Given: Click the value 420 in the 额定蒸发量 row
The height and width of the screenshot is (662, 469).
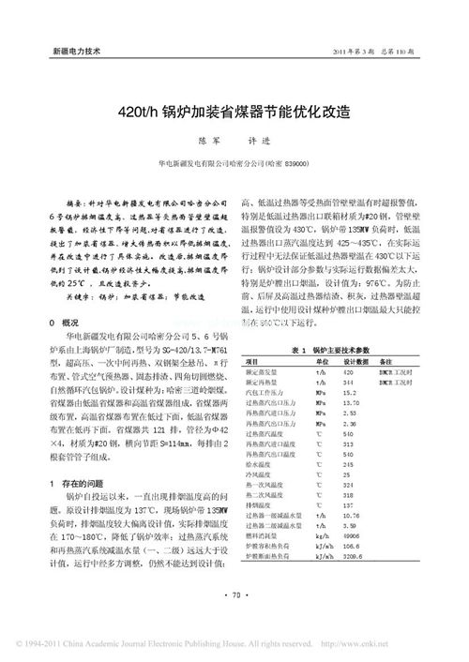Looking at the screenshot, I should point(351,373).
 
